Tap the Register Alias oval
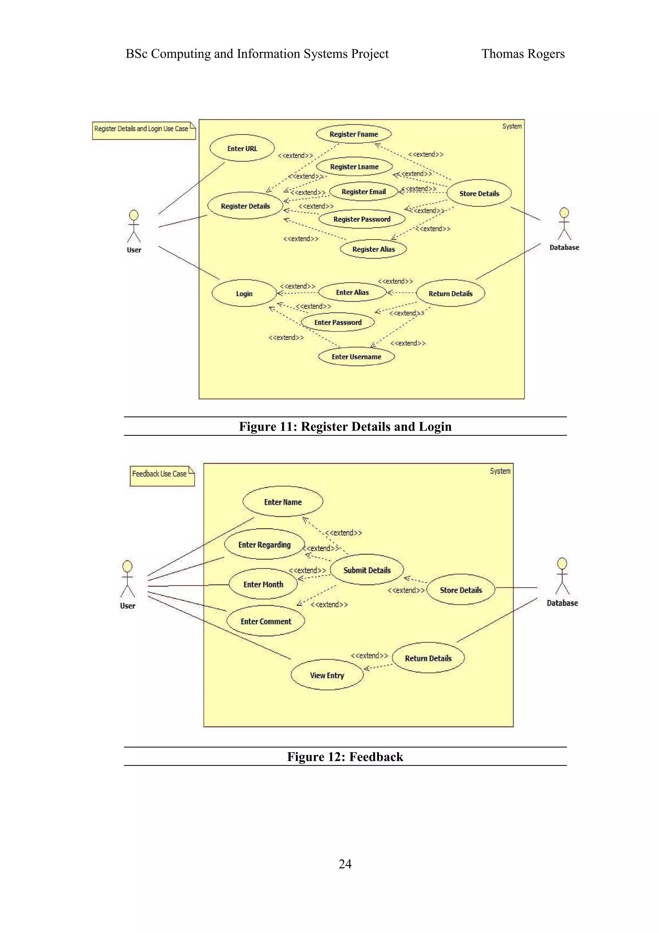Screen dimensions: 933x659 [x=373, y=249]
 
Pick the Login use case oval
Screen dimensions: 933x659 [x=244, y=293]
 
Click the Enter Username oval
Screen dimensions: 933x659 [x=356, y=357]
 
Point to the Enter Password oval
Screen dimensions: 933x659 [x=338, y=322]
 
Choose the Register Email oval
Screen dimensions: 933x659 [x=363, y=191]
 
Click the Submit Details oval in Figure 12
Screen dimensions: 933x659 [x=367, y=570]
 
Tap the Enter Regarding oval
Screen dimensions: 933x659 [x=264, y=544]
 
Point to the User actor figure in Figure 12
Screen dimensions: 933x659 [x=127, y=579]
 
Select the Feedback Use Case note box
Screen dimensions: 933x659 [x=162, y=476]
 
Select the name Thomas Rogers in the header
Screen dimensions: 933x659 [x=523, y=54]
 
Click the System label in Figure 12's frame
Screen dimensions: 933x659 [x=500, y=471]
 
